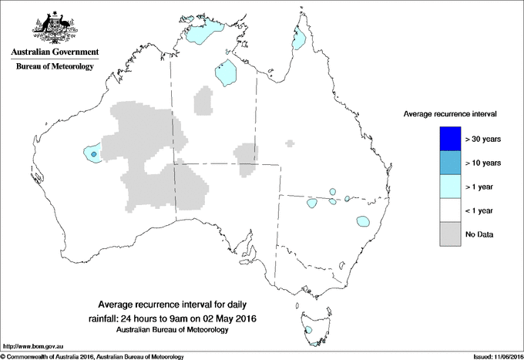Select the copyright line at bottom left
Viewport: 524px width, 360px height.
pyautogui.click(x=92, y=355)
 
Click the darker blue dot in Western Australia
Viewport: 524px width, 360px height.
pyautogui.click(x=93, y=154)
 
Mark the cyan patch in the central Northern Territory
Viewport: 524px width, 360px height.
pyautogui.click(x=226, y=73)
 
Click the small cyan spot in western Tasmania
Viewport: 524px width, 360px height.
pyautogui.click(x=308, y=330)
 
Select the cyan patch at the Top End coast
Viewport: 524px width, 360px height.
pyautogui.click(x=202, y=32)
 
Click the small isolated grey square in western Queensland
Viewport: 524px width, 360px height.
pyautogui.click(x=290, y=143)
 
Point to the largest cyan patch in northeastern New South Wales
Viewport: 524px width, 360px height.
pyautogui.click(x=363, y=222)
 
